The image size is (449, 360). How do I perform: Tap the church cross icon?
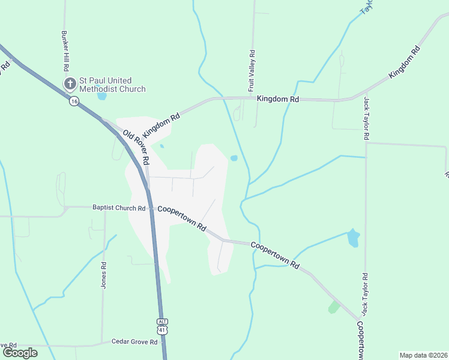pos(70,84)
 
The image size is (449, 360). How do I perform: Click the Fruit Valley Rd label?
pos(252,71)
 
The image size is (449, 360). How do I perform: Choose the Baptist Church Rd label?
pos(119,208)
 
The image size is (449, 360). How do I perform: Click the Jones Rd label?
pos(104,275)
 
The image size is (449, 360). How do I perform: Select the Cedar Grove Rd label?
pos(134,342)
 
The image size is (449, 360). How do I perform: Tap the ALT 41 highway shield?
pos(163,326)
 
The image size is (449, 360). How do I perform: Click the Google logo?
pos(20,353)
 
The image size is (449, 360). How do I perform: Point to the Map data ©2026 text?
pos(423,355)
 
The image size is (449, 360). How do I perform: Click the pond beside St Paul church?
pos(102,95)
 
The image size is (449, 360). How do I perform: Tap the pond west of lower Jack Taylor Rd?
pos(353,238)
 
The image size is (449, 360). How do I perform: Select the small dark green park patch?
pos(334,307)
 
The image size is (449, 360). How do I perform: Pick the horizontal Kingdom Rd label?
pos(278,98)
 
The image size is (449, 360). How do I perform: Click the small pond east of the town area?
pos(234,158)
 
